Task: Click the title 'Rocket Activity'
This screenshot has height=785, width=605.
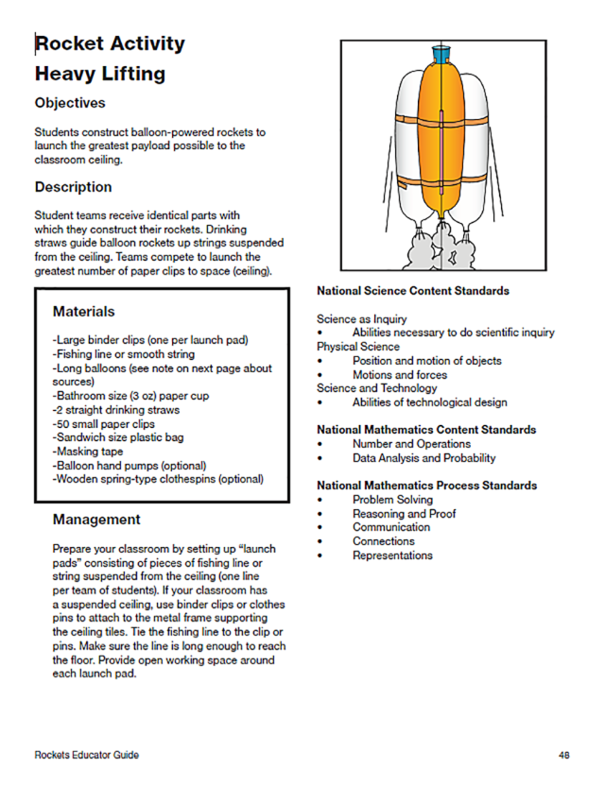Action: coord(110,43)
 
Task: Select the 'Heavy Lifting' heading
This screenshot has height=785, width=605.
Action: coord(99,74)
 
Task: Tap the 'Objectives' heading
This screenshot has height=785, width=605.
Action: coord(70,102)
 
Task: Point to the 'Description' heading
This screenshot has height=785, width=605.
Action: coord(73,187)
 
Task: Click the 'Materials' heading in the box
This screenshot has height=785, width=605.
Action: coord(83,311)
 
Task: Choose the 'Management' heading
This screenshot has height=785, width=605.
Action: coord(96,519)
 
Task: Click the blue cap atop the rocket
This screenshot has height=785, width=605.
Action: coord(440,53)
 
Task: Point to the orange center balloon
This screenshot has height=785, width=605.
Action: coord(440,142)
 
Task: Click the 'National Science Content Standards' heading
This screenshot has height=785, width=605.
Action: coord(413,291)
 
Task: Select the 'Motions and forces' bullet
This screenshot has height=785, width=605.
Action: coord(399,374)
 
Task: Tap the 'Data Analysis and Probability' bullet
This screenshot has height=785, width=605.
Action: coord(423,458)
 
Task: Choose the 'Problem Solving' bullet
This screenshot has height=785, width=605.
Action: coord(392,500)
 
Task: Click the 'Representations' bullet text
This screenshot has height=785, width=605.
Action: coord(392,555)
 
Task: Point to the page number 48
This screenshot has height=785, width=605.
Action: coord(563,756)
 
